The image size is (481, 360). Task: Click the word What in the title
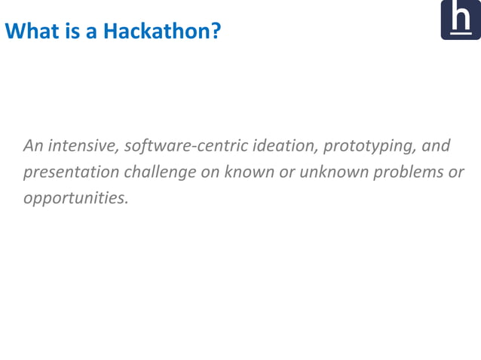(x=29, y=32)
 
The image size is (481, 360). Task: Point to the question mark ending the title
(x=216, y=32)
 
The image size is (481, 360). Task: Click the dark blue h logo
(x=460, y=20)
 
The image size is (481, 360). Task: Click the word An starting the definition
(x=33, y=145)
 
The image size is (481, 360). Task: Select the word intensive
(x=82, y=145)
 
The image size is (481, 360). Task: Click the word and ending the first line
(x=436, y=145)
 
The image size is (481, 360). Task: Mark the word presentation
(x=71, y=172)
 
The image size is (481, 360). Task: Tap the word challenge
(x=160, y=172)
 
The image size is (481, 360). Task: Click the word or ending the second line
(x=456, y=172)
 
